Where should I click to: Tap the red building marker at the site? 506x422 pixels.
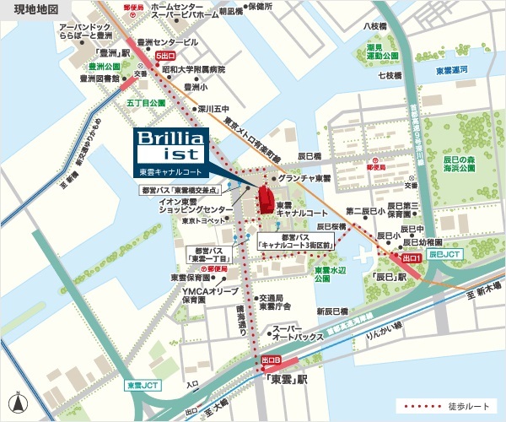[265, 200]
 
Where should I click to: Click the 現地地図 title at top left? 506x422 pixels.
[31, 9]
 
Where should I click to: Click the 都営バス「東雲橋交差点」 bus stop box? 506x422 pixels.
[193, 191]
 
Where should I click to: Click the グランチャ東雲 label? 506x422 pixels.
[308, 179]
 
